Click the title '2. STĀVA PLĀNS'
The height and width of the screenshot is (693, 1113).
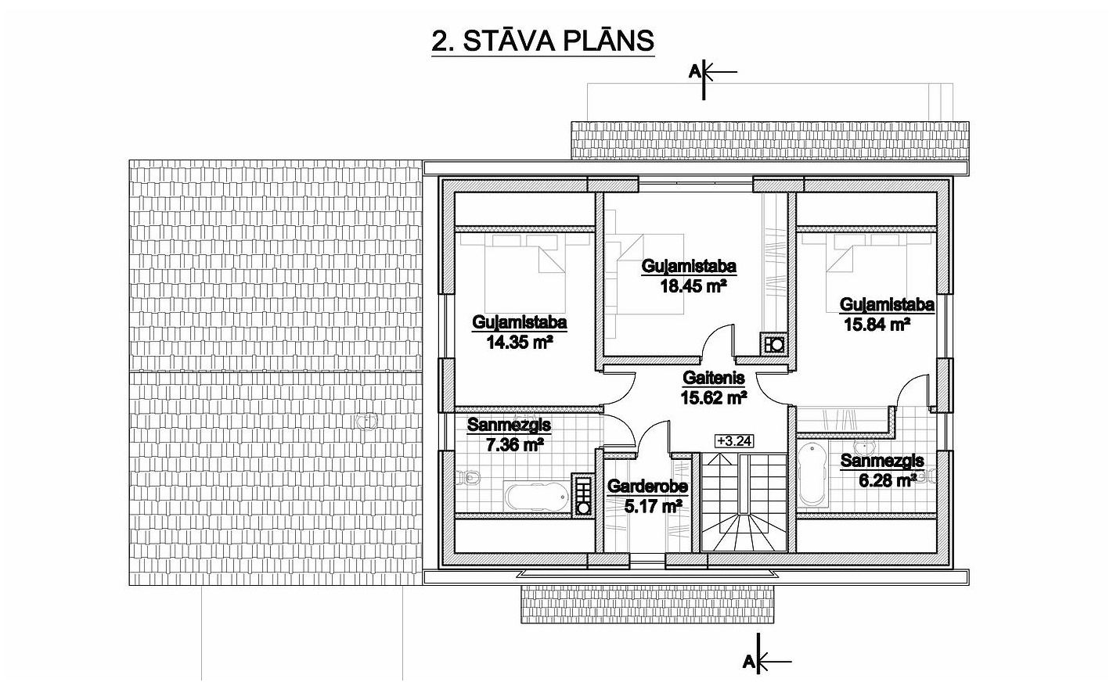[542, 41]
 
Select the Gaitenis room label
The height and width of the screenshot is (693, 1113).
[714, 379]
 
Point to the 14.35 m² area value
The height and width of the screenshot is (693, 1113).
[519, 343]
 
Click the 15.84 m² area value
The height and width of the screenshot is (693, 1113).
[877, 325]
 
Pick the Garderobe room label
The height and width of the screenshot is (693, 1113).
[647, 487]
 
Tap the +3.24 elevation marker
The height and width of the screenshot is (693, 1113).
[734, 441]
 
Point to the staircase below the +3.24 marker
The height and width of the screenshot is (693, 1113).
[744, 502]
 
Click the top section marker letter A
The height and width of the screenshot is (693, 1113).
[694, 72]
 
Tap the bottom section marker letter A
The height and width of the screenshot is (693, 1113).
[749, 661]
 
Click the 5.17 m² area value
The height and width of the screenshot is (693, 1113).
[653, 507]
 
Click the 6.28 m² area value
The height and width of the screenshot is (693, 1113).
[888, 480]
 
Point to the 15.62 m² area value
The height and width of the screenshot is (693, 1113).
[714, 397]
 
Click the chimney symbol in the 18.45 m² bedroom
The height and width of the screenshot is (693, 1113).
[773, 344]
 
